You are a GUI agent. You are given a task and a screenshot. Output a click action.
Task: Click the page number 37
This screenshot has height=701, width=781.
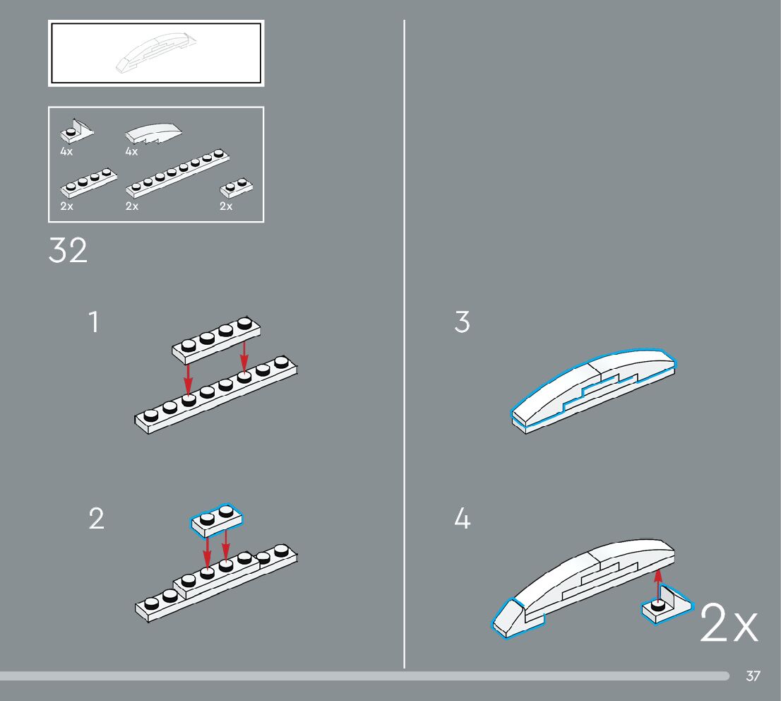coord(753,676)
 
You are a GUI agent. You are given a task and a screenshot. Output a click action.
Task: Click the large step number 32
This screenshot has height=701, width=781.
coord(68,251)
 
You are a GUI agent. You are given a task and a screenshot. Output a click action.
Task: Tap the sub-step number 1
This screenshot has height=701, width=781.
coord(94,322)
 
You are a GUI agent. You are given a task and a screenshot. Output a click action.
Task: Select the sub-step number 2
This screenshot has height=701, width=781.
coord(96,519)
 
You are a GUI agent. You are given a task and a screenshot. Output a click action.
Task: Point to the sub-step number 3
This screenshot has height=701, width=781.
coord(462,322)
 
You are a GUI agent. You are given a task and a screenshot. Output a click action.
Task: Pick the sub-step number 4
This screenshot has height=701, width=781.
coord(462,519)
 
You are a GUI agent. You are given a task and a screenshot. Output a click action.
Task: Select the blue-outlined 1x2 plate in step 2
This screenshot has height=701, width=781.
coord(217,519)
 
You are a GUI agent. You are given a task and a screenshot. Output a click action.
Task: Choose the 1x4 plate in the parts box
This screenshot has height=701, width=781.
coord(89,182)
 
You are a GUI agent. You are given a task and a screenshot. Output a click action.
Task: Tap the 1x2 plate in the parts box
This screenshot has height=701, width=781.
coord(237,187)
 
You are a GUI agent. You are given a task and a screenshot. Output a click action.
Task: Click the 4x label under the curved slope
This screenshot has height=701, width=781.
coord(131,151)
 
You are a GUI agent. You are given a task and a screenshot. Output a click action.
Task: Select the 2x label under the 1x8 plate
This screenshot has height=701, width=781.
coord(131,206)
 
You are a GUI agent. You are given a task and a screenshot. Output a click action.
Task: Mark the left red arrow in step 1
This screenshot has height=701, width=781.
coord(188,378)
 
